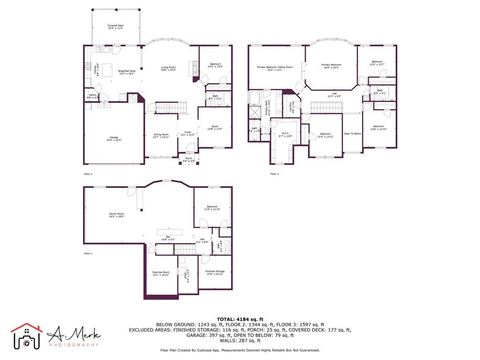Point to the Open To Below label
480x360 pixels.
tap(352, 134)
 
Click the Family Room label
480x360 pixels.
tap(117, 215)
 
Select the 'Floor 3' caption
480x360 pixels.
tap(274, 174)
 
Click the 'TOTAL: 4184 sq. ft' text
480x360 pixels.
tap(240, 319)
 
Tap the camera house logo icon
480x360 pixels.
tap(27, 336)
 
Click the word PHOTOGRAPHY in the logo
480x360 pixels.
tap(74, 345)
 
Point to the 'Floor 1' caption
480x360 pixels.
tap(88, 254)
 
